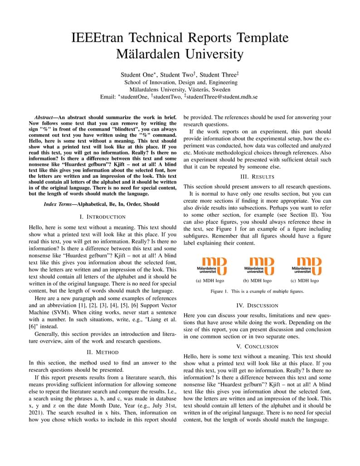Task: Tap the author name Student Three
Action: coord(218,75)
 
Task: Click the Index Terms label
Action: coord(59,204)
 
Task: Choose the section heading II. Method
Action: coord(102,352)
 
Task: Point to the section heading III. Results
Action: coord(257,176)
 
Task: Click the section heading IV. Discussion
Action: coord(257,306)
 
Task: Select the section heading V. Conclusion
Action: coord(257,347)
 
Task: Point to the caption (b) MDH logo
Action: coord(257,281)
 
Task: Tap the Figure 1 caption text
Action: coord(257,291)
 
